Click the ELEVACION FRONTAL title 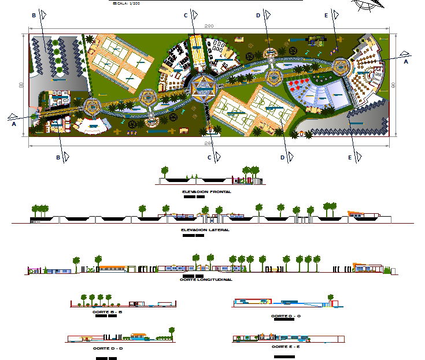pyautogui.click(x=206, y=191)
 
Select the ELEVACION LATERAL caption pyautogui.click(x=205, y=229)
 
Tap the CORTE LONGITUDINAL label pyautogui.click(x=206, y=280)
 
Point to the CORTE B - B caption pyautogui.click(x=107, y=312)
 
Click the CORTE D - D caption pyautogui.click(x=108, y=348)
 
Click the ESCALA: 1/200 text pyautogui.click(x=127, y=3)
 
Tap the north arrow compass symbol pyautogui.click(x=368, y=4)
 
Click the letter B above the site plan pyautogui.click(x=34, y=15)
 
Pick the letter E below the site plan pyautogui.click(x=350, y=157)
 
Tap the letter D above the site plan pyautogui.click(x=258, y=16)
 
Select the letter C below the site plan pyautogui.click(x=209, y=157)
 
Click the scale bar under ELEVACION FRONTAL pyautogui.click(x=194, y=196)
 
